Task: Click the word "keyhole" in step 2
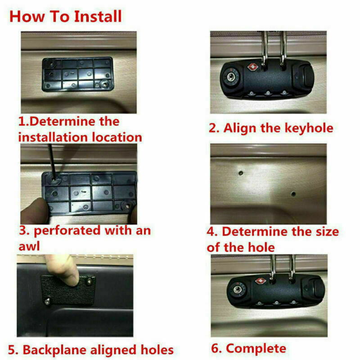click(x=306, y=128)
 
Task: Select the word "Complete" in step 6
click(x=256, y=348)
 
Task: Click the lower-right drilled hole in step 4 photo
click(x=293, y=194)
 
